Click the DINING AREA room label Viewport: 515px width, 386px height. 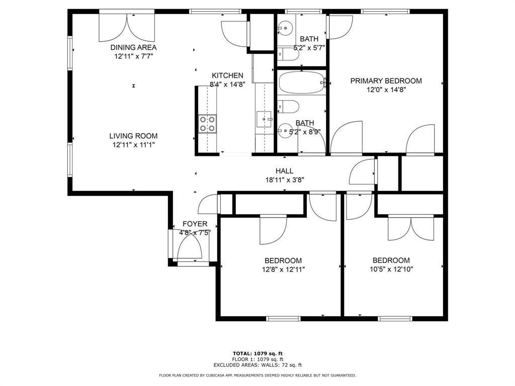pyautogui.click(x=133, y=47)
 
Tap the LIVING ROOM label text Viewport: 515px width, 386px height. pyautogui.click(x=133, y=136)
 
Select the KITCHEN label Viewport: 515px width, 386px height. pyautogui.click(x=227, y=75)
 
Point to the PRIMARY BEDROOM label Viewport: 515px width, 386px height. pyautogui.click(x=386, y=81)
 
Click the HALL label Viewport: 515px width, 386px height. pyautogui.click(x=285, y=171)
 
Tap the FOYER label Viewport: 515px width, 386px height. pyautogui.click(x=195, y=224)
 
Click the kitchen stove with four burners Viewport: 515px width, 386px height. pyautogui.click(x=208, y=124)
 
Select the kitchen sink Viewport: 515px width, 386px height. pyautogui.click(x=264, y=119)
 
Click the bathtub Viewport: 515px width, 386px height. pyautogui.click(x=302, y=82)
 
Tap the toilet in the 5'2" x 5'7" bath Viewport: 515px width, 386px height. pyautogui.click(x=288, y=54)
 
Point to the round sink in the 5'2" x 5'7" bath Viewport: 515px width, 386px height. pyautogui.click(x=285, y=28)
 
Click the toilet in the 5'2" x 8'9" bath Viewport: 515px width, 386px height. pyautogui.click(x=288, y=107)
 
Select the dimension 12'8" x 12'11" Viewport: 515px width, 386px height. pyautogui.click(x=283, y=270)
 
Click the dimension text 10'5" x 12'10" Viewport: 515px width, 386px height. pyautogui.click(x=391, y=269)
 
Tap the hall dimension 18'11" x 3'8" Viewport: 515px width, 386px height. pyautogui.click(x=285, y=180)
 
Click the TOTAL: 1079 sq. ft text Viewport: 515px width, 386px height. pyautogui.click(x=257, y=353)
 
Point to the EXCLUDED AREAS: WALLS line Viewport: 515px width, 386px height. pyautogui.click(x=257, y=365)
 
